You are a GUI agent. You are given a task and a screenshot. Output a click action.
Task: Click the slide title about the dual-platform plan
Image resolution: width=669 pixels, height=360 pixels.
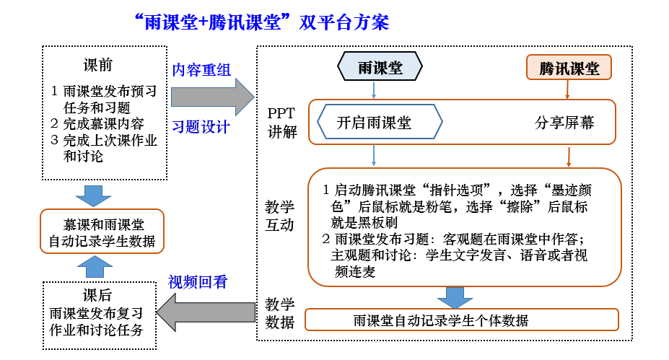click(x=261, y=22)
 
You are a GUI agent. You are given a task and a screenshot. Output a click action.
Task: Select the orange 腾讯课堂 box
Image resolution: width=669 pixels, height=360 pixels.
click(x=569, y=69)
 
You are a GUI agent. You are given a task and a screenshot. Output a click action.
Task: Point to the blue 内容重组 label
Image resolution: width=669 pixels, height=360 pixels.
click(x=201, y=70)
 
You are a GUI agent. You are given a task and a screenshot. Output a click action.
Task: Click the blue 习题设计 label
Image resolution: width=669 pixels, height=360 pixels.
click(x=201, y=127)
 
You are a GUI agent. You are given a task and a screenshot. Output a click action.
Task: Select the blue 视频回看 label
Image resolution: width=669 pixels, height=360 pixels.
click(x=198, y=281)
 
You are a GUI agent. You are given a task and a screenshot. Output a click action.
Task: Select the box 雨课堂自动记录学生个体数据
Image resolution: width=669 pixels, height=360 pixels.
click(x=462, y=320)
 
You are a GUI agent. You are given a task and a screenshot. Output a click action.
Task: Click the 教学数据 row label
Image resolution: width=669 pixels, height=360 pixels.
click(x=280, y=312)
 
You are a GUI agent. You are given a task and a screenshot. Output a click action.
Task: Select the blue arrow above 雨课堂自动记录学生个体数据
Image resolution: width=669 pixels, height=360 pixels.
click(x=454, y=297)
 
